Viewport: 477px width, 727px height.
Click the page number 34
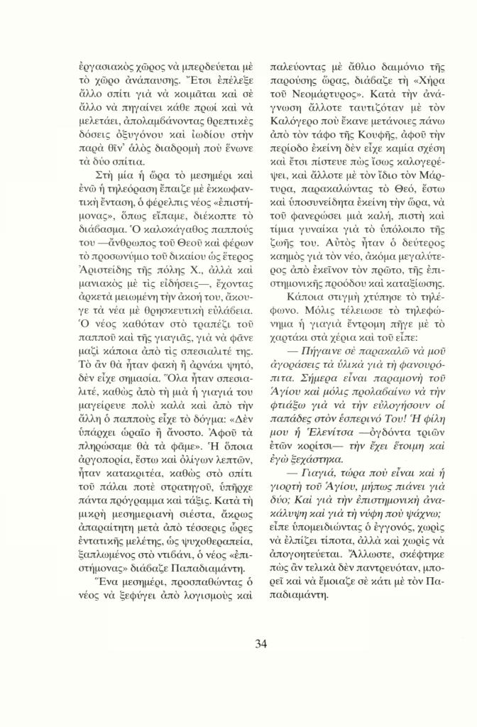coord(260,643)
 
